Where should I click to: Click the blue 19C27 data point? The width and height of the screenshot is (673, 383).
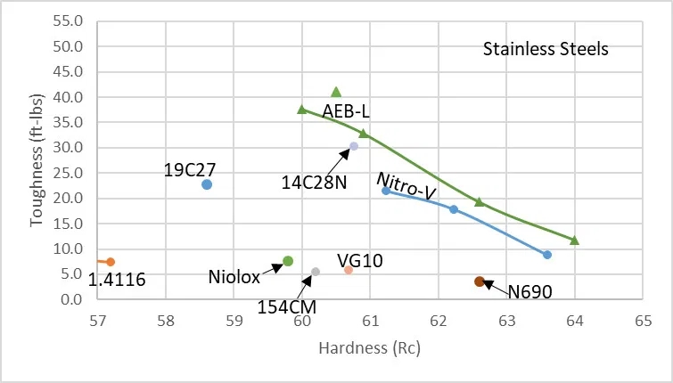click(x=207, y=184)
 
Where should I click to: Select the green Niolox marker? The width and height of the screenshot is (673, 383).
click(x=288, y=261)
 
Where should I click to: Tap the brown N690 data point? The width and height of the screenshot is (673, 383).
click(x=480, y=281)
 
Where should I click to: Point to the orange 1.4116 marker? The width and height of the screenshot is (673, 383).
click(x=111, y=262)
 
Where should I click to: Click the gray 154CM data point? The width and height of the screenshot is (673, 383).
click(x=316, y=272)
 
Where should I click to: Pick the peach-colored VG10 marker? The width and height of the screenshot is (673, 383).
click(x=349, y=270)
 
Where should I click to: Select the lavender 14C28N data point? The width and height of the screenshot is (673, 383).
click(x=354, y=146)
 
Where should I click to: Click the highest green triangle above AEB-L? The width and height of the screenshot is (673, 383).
click(x=336, y=92)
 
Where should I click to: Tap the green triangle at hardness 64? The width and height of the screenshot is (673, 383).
click(x=574, y=240)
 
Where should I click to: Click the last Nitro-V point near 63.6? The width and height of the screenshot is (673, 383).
click(x=547, y=255)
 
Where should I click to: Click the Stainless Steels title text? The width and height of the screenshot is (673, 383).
click(x=546, y=49)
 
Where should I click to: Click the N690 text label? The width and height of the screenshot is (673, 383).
click(x=530, y=290)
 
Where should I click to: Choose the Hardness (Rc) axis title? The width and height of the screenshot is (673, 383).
click(x=369, y=348)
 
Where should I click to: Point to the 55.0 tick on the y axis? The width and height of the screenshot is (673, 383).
click(x=70, y=20)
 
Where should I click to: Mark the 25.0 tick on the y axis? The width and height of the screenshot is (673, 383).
click(x=70, y=173)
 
